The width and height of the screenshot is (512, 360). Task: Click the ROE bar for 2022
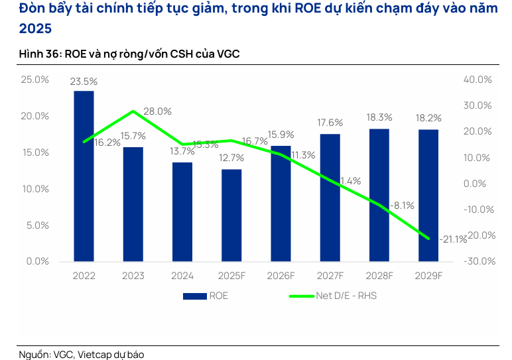(84, 176)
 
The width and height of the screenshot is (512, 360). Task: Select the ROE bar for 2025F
(231, 215)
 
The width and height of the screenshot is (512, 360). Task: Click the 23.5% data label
(84, 82)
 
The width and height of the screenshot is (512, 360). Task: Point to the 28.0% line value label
(157, 111)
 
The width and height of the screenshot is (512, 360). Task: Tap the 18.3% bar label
(379, 117)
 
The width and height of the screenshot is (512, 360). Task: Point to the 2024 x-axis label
(182, 276)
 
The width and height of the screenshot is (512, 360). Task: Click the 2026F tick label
(281, 276)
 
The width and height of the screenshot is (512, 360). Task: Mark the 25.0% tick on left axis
(35, 80)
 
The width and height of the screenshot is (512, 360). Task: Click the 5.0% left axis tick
(37, 225)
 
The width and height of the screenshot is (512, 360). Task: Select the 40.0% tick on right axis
(478, 80)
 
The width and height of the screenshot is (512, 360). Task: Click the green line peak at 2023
(133, 111)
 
